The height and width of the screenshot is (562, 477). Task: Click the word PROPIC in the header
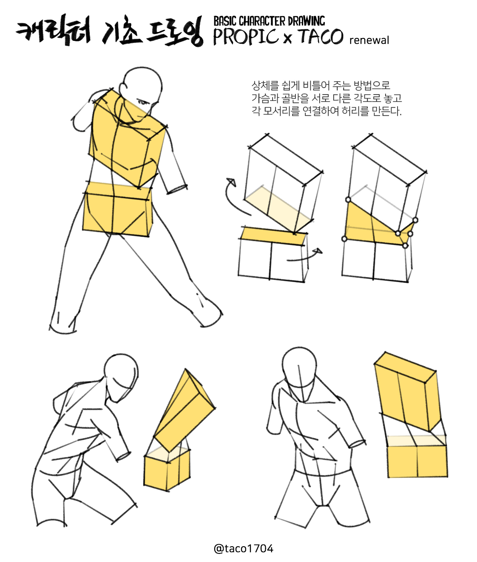pyautogui.click(x=246, y=37)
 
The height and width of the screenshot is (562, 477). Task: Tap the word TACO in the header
pyautogui.click(x=321, y=36)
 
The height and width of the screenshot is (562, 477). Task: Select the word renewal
pyautogui.click(x=369, y=40)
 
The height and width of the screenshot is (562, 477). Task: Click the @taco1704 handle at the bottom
pyautogui.click(x=243, y=548)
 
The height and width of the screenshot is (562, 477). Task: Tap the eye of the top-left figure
pyautogui.click(x=142, y=103)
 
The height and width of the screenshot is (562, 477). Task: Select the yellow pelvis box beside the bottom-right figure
pyautogui.click(x=417, y=457)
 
